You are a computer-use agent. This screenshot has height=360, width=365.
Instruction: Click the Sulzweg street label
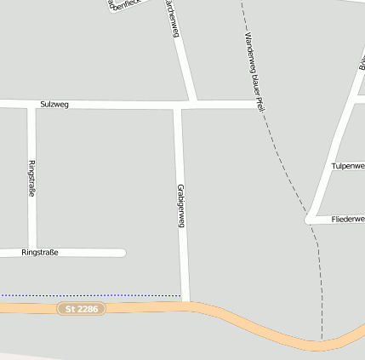tap(54, 104)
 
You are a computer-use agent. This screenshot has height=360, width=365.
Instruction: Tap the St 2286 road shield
tap(82, 309)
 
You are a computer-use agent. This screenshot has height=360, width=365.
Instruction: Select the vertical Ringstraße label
tap(31, 179)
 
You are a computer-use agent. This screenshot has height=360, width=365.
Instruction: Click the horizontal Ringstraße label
tap(40, 253)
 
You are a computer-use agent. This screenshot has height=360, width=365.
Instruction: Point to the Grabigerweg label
tap(180, 206)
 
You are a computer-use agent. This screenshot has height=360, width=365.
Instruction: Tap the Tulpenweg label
tap(347, 166)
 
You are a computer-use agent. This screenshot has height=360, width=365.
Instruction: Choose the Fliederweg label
tap(347, 220)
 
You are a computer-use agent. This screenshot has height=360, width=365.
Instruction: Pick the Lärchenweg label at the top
tap(173, 19)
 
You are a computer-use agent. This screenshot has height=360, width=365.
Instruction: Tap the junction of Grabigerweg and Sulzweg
tap(179, 106)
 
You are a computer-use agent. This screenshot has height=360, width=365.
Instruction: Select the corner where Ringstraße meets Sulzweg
tap(31, 105)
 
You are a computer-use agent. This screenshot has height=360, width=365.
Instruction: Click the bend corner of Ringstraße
tap(32, 252)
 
